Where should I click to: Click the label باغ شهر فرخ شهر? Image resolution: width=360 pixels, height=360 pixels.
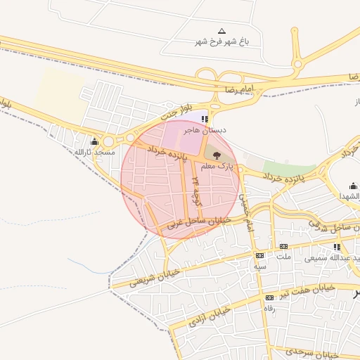[x=222, y=42]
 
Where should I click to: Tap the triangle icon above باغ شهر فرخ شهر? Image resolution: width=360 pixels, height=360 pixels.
[x=222, y=31]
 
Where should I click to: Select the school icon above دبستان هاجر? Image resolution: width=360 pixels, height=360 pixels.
[x=205, y=120]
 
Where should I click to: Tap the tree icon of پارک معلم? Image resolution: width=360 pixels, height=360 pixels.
[x=215, y=155]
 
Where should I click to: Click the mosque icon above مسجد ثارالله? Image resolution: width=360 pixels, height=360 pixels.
[x=94, y=141]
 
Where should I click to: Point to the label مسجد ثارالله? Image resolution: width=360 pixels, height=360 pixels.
[x=94, y=152]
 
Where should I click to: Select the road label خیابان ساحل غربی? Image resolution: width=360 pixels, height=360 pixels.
[x=193, y=224]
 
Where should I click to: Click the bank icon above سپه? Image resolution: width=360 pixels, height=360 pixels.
[x=259, y=256]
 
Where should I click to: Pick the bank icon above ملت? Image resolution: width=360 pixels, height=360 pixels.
[x=283, y=246]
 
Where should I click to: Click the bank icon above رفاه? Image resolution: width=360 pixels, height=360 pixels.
[x=268, y=299]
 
